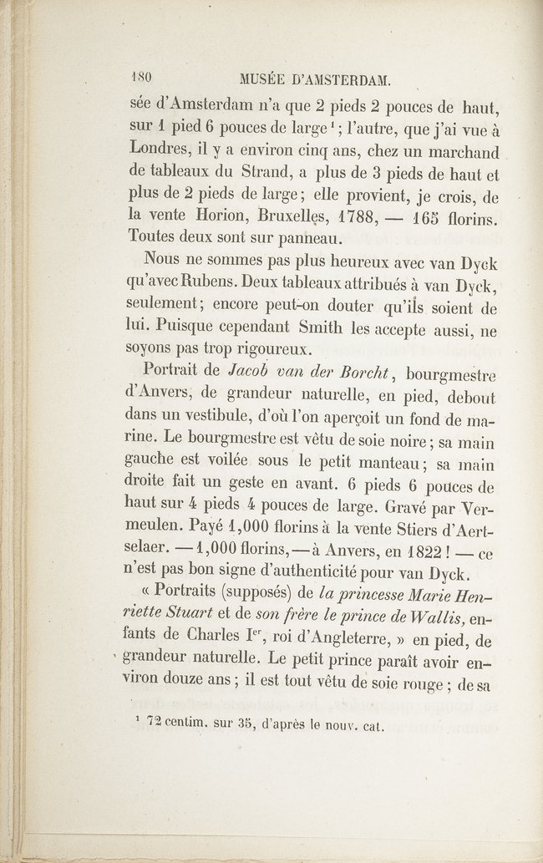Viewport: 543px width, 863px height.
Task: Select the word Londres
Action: click(165, 154)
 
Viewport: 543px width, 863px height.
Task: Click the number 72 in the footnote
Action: click(155, 725)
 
